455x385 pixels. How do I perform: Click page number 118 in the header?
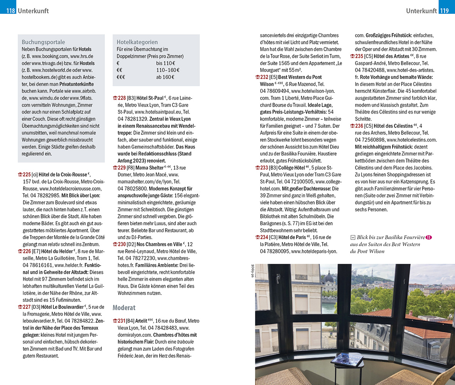pyautogui.click(x=10, y=11)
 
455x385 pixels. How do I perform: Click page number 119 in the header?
pyautogui.click(x=444, y=11)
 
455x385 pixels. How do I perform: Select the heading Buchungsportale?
pyautogui.click(x=43, y=42)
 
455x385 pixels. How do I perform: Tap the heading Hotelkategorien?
pyautogui.click(x=137, y=42)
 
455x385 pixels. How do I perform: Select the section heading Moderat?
pyautogui.click(x=124, y=308)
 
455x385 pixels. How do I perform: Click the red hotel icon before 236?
pyautogui.click(x=352, y=126)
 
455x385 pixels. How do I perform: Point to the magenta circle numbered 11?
pyautogui.click(x=429, y=237)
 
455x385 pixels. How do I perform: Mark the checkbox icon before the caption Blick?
pyautogui.click(x=352, y=237)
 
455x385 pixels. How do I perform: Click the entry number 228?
pyautogui.click(x=122, y=98)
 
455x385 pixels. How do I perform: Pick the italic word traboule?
pyautogui.click(x=186, y=341)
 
